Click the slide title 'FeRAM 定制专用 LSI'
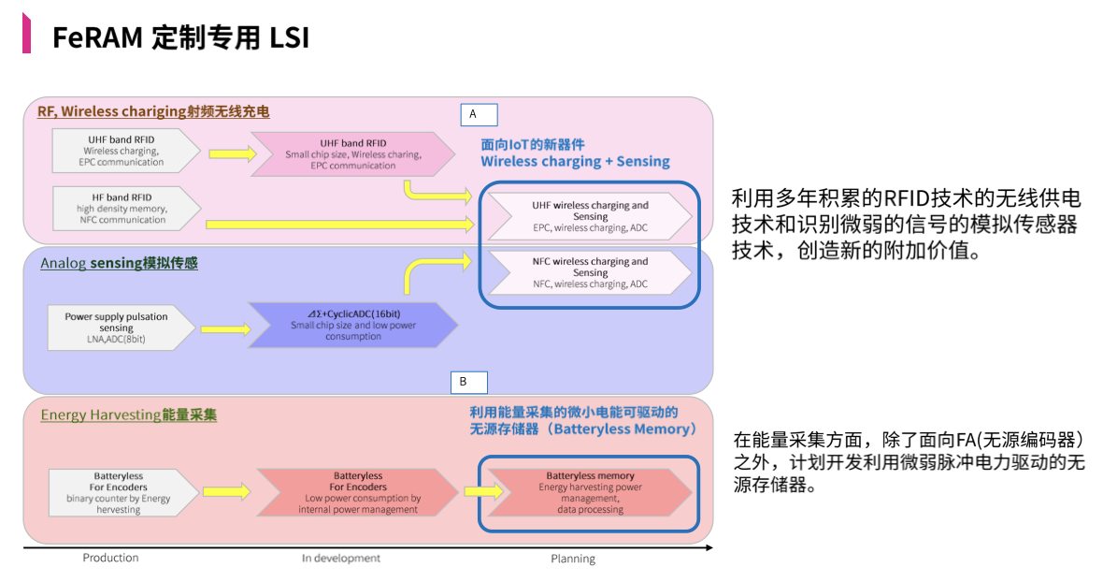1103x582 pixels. (x=180, y=37)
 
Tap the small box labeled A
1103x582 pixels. (x=479, y=114)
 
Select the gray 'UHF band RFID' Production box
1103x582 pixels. (x=124, y=150)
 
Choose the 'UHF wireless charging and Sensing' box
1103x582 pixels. (x=589, y=216)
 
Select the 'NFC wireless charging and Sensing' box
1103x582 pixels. (x=589, y=272)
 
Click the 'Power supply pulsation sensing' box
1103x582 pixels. (x=122, y=327)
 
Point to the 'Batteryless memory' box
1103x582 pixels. (x=589, y=492)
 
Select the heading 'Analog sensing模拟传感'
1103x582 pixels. (x=119, y=264)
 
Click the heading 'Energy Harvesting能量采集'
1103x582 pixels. (x=128, y=415)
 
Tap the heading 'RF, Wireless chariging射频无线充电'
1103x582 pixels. (x=153, y=112)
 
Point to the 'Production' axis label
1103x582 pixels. (x=110, y=558)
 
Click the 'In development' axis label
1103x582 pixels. (x=340, y=559)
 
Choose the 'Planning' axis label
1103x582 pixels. (x=572, y=559)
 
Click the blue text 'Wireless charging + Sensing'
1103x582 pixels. (x=575, y=161)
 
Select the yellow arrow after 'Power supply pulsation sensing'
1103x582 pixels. (x=222, y=328)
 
